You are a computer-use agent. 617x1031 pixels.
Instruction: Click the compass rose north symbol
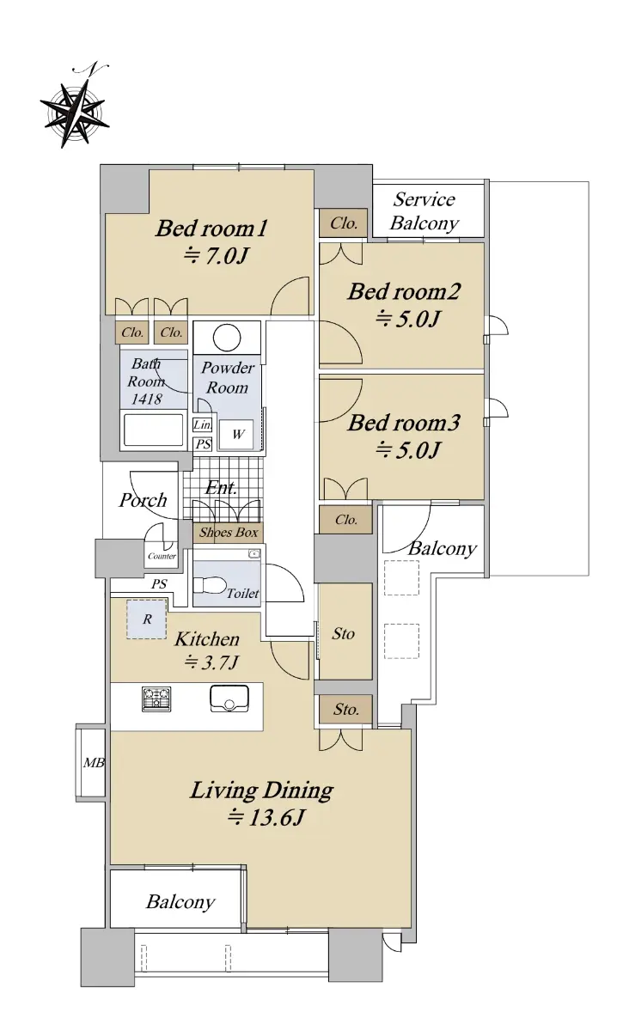[x=75, y=107]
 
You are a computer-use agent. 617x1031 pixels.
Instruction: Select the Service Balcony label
[x=424, y=211]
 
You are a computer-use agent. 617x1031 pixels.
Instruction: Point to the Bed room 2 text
[x=404, y=305]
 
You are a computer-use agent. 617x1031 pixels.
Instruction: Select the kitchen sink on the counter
[x=229, y=699]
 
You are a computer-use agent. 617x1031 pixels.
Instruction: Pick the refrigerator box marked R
[x=146, y=619]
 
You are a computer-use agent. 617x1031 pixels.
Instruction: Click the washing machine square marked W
[x=235, y=434]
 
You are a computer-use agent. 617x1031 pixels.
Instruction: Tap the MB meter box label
[x=94, y=763]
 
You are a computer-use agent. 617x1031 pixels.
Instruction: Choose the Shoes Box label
[x=229, y=533]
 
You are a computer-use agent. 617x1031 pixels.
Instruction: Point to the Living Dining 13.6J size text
[x=266, y=818]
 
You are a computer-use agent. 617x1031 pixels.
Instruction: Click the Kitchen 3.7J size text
[x=211, y=662]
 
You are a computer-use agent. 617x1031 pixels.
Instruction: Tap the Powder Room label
[x=228, y=377]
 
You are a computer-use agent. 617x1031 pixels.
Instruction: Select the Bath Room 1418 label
[x=146, y=381]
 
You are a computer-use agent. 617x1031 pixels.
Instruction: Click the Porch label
[x=143, y=500]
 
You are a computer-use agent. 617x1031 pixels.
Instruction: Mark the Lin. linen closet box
[x=202, y=424]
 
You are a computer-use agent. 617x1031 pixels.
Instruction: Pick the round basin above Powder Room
[x=227, y=338]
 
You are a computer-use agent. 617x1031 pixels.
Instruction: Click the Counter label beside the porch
[x=162, y=556]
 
